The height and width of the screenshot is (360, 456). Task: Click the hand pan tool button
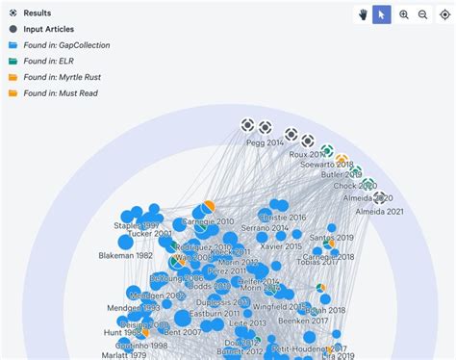click(x=363, y=14)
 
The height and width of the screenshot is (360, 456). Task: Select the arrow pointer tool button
click(x=382, y=14)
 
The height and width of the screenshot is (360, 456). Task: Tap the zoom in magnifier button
click(x=404, y=14)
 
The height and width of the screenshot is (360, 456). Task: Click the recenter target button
click(x=445, y=14)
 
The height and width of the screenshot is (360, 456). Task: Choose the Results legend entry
click(x=38, y=13)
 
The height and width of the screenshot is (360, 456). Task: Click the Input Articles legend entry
click(x=48, y=29)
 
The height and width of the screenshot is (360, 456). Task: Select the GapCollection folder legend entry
click(x=66, y=45)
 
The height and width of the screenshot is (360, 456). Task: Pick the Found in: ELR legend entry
click(x=48, y=61)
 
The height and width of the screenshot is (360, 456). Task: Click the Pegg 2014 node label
click(x=266, y=142)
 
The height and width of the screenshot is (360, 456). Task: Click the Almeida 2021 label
click(x=381, y=211)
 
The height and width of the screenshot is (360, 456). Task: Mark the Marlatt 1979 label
click(x=122, y=353)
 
